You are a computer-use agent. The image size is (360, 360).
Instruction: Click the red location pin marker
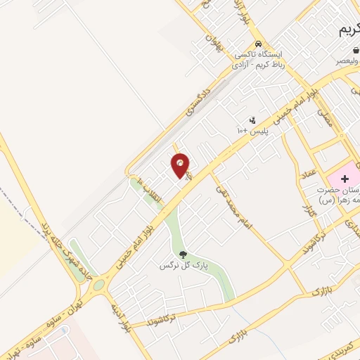coord(181,165)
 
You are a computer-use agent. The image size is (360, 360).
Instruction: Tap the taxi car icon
coord(258,42)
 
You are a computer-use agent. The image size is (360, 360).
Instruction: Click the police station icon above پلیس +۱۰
coord(252,120)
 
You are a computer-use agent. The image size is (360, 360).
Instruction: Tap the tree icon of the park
coord(183,255)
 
